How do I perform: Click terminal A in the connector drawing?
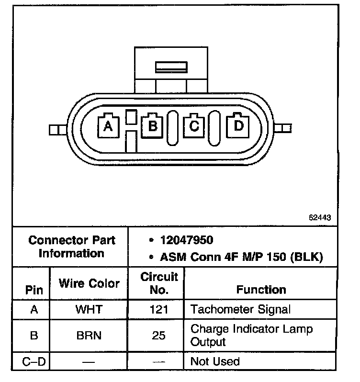[x=109, y=126]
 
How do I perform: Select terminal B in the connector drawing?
[x=153, y=126]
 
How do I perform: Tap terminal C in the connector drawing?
[x=194, y=126]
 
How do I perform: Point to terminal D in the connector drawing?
[x=238, y=126]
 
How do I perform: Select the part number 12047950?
[x=187, y=240]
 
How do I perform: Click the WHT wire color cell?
[x=89, y=309]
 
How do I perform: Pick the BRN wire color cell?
[x=89, y=336]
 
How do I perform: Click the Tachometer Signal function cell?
[x=240, y=309]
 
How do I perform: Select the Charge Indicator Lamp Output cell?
[x=251, y=335]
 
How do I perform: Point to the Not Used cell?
[x=215, y=361]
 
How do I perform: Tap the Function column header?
[x=261, y=290]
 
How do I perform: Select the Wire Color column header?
[x=89, y=283]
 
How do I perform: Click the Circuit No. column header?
[x=159, y=283]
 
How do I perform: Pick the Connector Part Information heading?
[x=72, y=246]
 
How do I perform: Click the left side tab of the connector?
[x=56, y=129]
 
